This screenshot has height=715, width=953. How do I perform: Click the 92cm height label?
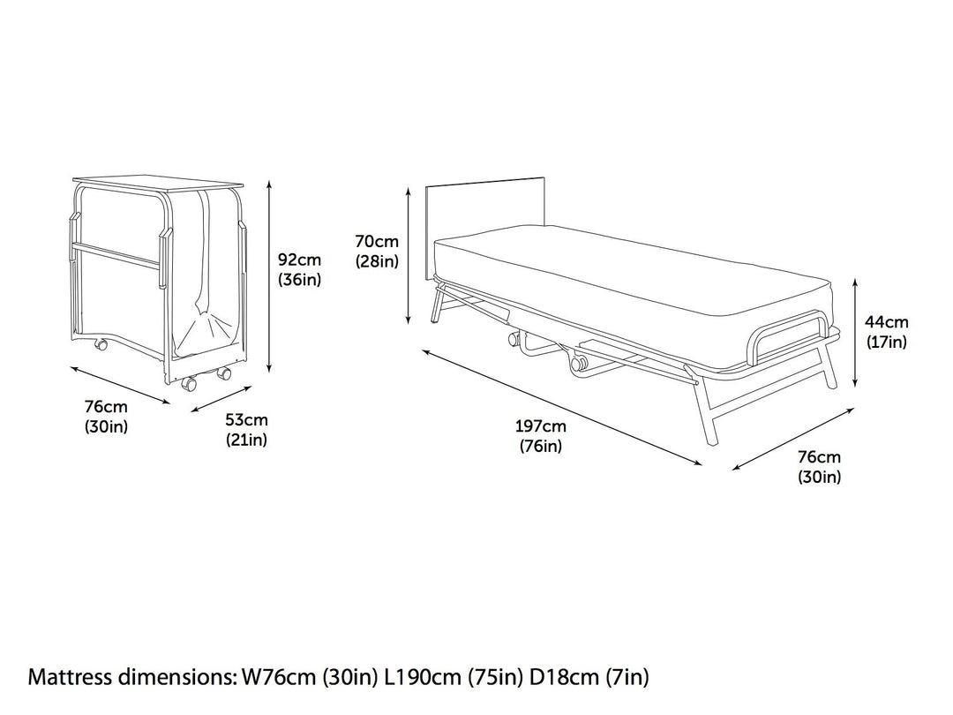click(x=299, y=260)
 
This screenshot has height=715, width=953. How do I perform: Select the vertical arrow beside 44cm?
click(x=856, y=332)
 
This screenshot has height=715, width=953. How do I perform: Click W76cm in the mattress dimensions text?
click(x=270, y=678)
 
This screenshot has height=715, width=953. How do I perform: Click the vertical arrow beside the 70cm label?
click(x=409, y=256)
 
